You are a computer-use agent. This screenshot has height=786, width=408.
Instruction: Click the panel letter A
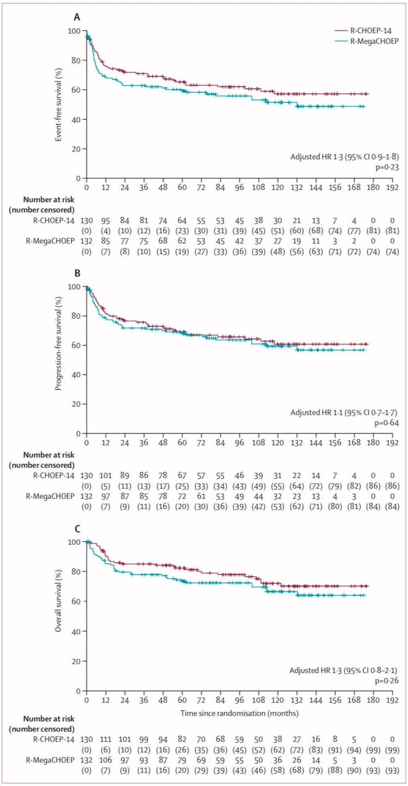(77, 17)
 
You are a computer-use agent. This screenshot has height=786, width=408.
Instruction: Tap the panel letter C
(77, 529)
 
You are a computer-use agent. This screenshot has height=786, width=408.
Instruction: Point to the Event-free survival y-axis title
(59, 105)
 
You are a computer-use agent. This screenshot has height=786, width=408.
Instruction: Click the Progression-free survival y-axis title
(59, 343)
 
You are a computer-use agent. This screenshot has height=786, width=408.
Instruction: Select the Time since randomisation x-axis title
(239, 713)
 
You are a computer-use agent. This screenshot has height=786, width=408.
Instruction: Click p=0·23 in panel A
(387, 167)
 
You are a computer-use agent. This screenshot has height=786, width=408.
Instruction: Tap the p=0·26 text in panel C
(387, 681)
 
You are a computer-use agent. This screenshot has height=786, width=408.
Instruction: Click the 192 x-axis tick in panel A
(392, 187)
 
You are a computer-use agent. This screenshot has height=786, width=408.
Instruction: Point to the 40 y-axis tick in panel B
(76, 375)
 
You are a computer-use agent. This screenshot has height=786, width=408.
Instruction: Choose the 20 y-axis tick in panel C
(76, 662)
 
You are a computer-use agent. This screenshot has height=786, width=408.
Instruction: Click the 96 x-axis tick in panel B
(239, 443)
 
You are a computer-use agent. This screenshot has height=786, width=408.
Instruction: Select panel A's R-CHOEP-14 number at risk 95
(105, 221)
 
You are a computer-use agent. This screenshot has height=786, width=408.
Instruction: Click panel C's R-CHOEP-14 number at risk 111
(105, 740)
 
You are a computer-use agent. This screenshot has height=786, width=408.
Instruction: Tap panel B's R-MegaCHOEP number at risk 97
(105, 496)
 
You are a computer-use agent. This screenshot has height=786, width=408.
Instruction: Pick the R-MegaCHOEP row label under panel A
(50, 241)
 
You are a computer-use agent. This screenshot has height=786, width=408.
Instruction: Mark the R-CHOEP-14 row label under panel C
(54, 740)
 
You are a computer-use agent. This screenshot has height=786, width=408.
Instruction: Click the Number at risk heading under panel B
(48, 455)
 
